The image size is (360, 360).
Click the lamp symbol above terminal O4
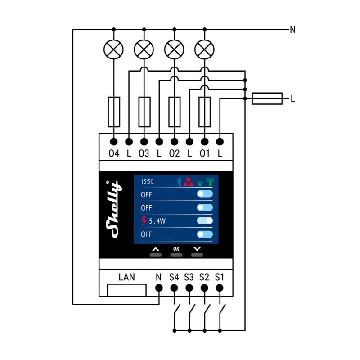click(x=113, y=49)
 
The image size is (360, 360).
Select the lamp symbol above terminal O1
click(x=205, y=49)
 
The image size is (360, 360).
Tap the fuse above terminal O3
click(x=144, y=112)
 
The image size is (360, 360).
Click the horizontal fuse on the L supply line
click(x=267, y=98)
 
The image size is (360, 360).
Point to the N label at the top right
click(x=293, y=30)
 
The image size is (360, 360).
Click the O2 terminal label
click(x=174, y=153)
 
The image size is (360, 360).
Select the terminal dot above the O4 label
click(x=113, y=141)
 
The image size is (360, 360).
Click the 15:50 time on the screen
click(x=147, y=181)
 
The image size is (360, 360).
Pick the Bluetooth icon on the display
click(x=178, y=181)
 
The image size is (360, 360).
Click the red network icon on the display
click(x=188, y=181)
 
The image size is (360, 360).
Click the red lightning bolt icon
click(x=144, y=220)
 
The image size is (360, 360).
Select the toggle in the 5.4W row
click(x=205, y=220)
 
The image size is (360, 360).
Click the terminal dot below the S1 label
click(x=220, y=288)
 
